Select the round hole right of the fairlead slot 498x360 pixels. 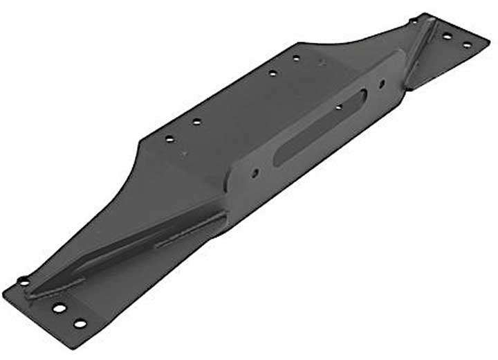pos(382,84)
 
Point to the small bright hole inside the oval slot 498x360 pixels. pos(339,107)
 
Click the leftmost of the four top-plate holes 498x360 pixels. pos(169,138)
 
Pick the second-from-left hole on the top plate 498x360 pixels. pos(196,122)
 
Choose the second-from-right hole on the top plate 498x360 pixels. pos(273,73)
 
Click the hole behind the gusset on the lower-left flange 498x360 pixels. pos(24,281)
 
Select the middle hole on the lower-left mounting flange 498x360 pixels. pos(59,308)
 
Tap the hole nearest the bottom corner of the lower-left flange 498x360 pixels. pos(80,323)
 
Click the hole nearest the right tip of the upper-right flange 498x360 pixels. pos(467,45)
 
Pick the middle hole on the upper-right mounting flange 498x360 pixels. pos(447,35)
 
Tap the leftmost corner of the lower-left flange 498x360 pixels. pos(3,291)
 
